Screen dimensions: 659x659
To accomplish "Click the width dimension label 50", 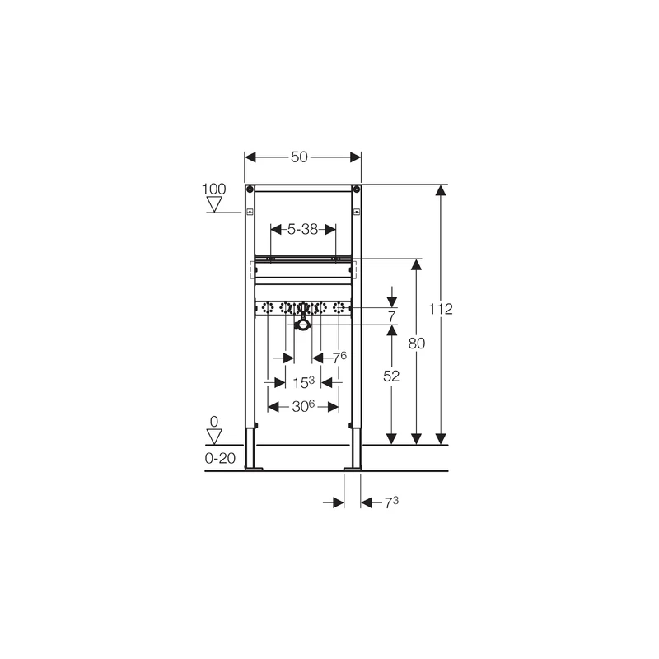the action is pos(299,157).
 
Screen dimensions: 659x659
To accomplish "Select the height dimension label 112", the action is pos(441,310).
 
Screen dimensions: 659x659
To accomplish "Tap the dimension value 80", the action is pos(417,344).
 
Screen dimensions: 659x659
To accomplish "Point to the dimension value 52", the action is pos(391,376).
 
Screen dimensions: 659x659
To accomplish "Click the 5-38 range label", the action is pos(302,230).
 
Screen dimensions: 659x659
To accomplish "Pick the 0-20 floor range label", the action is pos(220,458).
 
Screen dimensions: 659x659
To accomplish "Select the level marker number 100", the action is pos(214,189).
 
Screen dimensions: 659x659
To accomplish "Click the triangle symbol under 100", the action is pos(214,204).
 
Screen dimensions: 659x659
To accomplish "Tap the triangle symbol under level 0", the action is pos(214,437).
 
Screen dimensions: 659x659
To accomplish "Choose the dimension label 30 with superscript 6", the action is pos(303,406).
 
